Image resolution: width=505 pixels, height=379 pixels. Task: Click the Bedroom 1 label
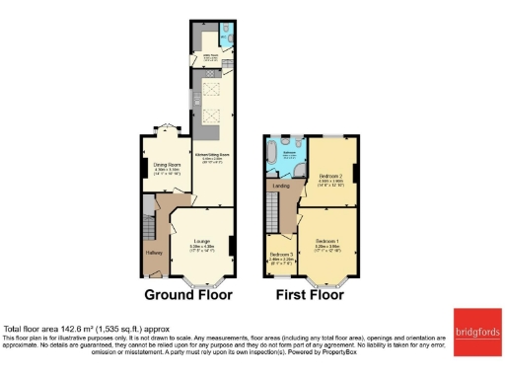326,242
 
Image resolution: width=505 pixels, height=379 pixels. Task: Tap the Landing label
281,185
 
